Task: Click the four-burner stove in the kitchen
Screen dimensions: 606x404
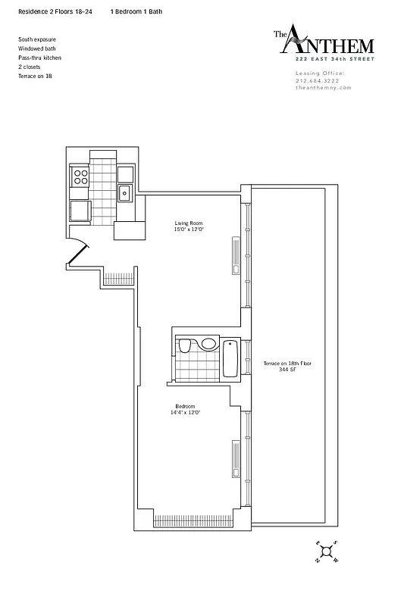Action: [x=80, y=177]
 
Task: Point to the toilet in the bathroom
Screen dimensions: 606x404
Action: [x=184, y=347]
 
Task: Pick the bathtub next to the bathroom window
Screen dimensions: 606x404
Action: [x=231, y=358]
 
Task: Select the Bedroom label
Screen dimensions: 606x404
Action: [x=186, y=407]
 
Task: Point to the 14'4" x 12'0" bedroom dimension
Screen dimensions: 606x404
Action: [x=186, y=413]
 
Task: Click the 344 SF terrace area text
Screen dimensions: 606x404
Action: [x=286, y=370]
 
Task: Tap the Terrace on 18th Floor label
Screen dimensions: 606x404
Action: [x=287, y=364]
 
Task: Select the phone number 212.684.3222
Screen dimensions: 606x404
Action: [x=319, y=80]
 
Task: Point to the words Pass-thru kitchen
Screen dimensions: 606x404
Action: [x=40, y=58]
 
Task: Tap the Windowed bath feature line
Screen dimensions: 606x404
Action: [x=36, y=48]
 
